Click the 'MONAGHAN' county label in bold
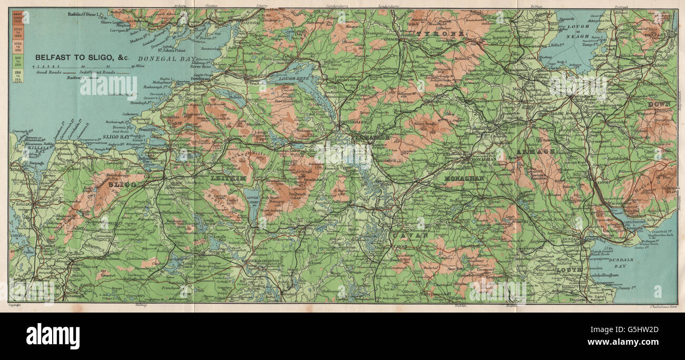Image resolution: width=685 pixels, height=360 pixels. [x=464, y=179]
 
